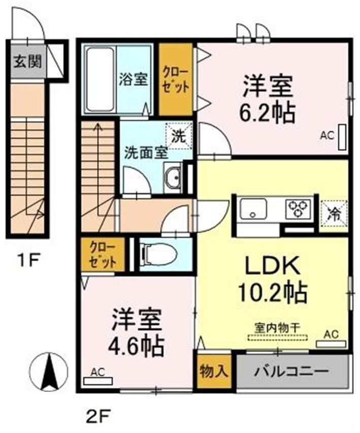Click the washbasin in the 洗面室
tap(173, 178)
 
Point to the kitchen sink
tap(253, 209)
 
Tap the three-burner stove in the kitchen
tap(298, 209)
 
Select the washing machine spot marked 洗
tap(179, 136)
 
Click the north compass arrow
tap(49, 372)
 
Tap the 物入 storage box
tap(214, 371)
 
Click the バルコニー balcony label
tap(291, 371)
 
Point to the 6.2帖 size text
tap(267, 113)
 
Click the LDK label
tap(272, 265)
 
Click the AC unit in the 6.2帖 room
tap(342, 137)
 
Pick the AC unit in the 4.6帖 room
tap(97, 381)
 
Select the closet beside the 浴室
tap(176, 79)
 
